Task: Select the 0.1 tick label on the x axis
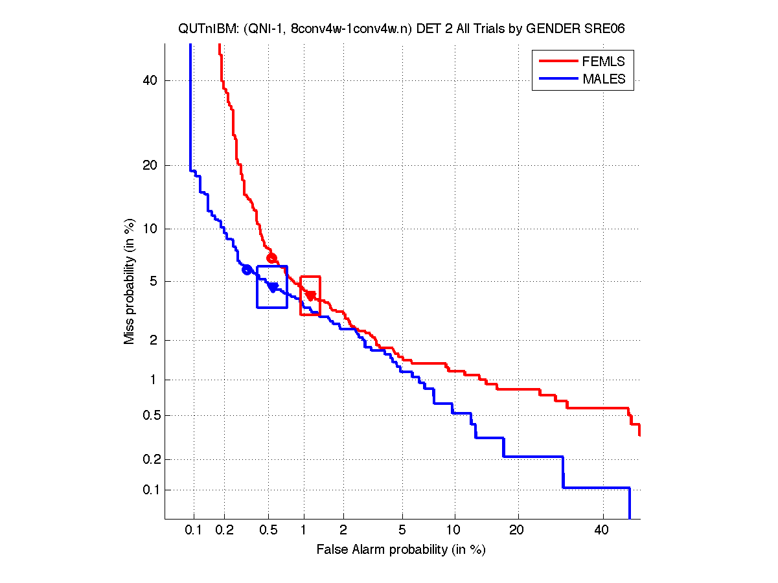click(194, 531)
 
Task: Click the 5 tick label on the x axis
click(402, 531)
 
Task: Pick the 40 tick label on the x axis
click(602, 531)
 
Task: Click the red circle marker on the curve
click(271, 258)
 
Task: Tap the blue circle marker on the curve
click(247, 269)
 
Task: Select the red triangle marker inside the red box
click(311, 295)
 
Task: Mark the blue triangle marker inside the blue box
click(273, 287)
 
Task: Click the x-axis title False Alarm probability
click(401, 550)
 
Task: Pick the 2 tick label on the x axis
click(343, 531)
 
